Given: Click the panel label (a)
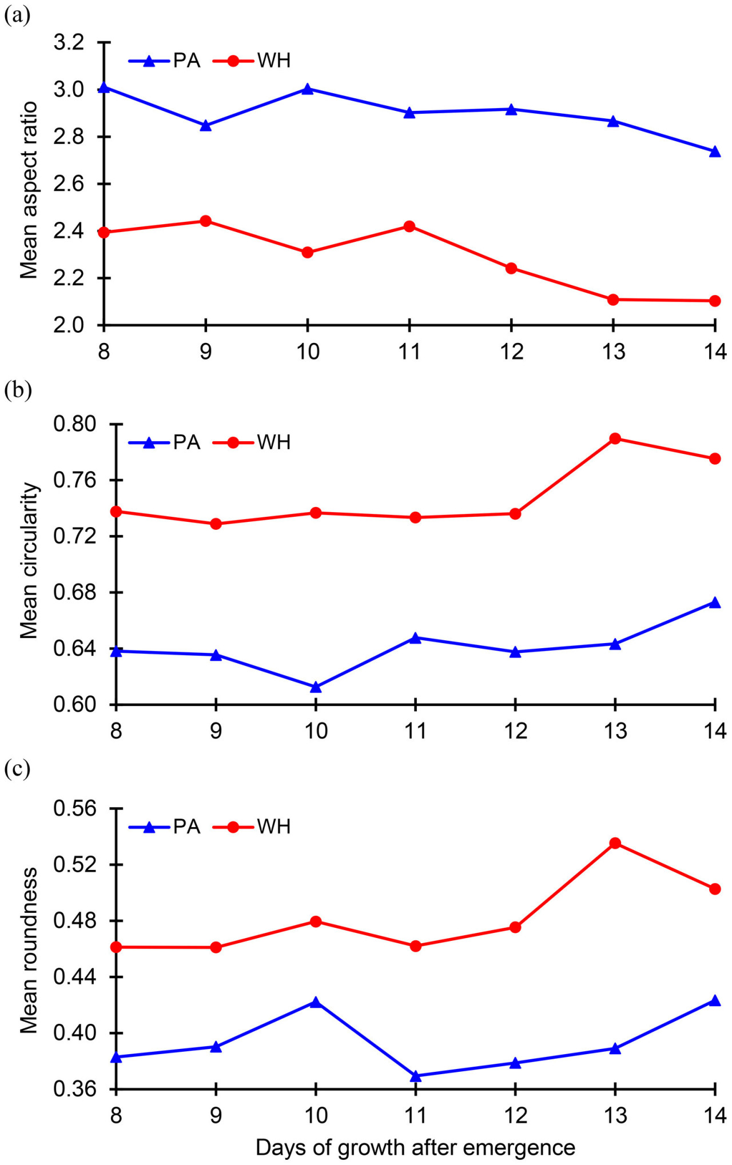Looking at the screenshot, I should (x=17, y=15).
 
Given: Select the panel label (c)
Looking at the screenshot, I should (x=17, y=769).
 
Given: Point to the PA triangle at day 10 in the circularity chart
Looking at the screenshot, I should (x=316, y=687).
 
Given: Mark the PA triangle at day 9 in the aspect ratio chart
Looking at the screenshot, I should (x=206, y=126).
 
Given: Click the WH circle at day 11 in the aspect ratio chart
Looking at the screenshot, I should (x=409, y=226).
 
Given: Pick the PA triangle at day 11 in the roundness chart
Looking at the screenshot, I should (x=416, y=1076).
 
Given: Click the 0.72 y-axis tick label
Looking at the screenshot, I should (x=75, y=536).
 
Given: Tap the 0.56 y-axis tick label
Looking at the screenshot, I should (x=75, y=808).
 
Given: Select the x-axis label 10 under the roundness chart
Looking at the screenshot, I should (x=316, y=1115).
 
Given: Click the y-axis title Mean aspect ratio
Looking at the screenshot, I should (x=29, y=190).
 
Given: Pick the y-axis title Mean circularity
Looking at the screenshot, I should (x=29, y=560).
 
